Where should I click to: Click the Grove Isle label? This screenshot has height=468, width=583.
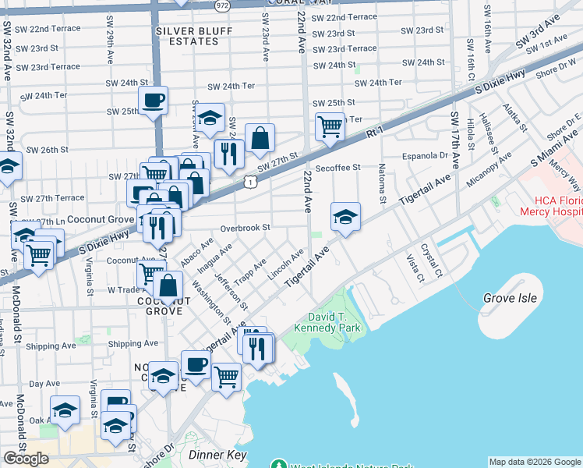[x=510, y=298]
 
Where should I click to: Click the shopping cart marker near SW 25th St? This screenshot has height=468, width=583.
[x=330, y=125]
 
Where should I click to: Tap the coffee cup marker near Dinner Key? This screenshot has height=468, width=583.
[x=196, y=364]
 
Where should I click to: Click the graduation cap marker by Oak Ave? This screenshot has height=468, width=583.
[x=65, y=410]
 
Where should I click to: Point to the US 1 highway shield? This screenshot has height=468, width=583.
[x=249, y=181]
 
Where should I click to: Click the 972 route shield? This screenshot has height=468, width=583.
[x=223, y=5]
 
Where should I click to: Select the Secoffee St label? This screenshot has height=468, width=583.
[x=337, y=167]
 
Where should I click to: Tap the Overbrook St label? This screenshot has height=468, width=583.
[x=244, y=228]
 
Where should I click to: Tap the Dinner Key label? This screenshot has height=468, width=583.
[x=217, y=455]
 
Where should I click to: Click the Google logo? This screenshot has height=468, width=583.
[x=26, y=458]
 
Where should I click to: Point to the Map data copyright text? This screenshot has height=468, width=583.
[x=534, y=462]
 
